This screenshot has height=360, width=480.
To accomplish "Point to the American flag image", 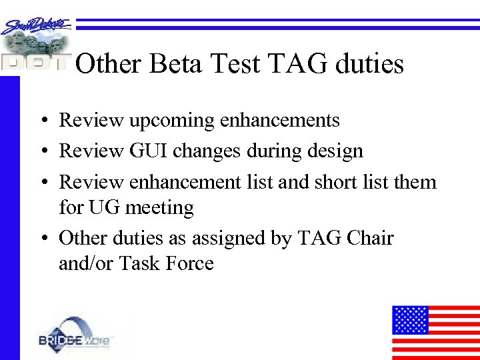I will click(x=435, y=332).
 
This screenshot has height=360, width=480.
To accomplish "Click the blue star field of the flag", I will click(x=410, y=319).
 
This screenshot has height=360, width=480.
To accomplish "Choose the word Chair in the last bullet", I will click(x=371, y=238).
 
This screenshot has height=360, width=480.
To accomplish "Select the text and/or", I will click(x=87, y=264).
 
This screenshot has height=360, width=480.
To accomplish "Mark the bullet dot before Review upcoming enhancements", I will click(x=42, y=121).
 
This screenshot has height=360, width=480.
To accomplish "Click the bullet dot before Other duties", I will click(x=42, y=239).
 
